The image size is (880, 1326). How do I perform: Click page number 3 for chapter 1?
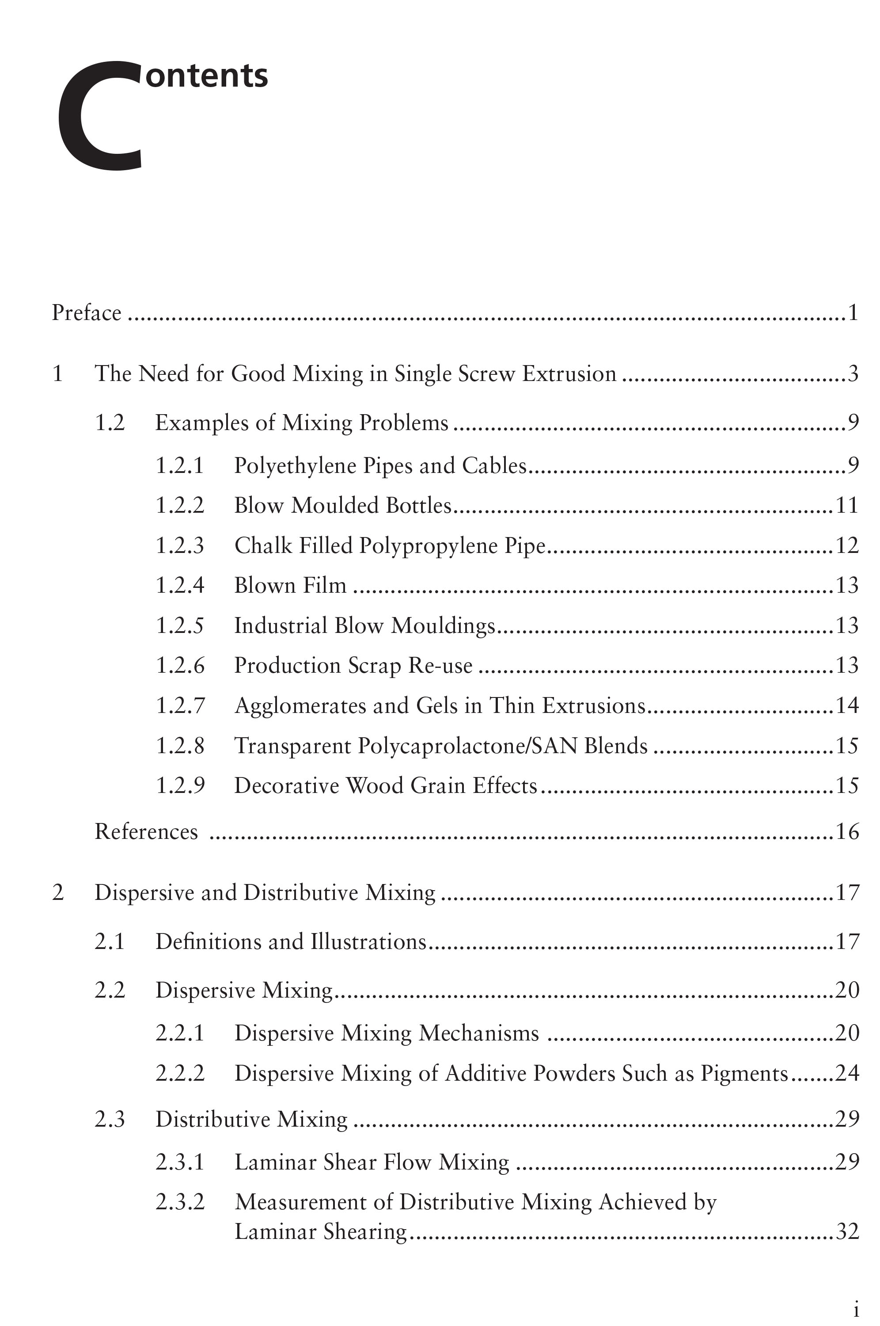[853, 373]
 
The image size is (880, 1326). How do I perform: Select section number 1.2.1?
[180, 465]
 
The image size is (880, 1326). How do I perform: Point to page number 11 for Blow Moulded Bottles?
[847, 506]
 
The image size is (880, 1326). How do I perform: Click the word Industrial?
[281, 625]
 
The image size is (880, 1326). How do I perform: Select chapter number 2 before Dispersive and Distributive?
[58, 892]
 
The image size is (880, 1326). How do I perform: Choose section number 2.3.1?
[180, 1162]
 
